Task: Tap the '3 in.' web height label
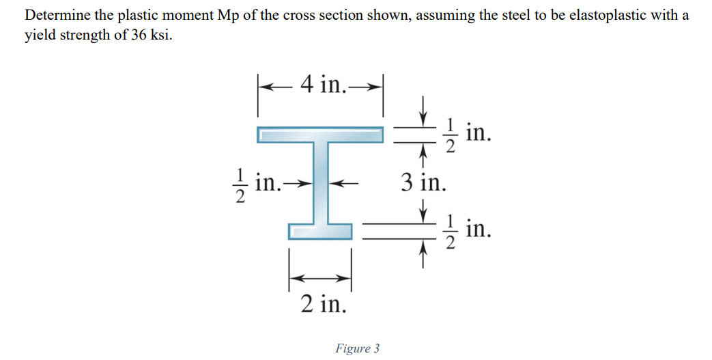click(423, 182)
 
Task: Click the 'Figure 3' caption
click(357, 348)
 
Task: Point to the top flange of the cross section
click(319, 135)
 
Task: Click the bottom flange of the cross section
click(320, 230)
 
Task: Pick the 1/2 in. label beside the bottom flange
click(468, 230)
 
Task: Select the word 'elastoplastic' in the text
click(584, 16)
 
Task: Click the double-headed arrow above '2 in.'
click(320, 277)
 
